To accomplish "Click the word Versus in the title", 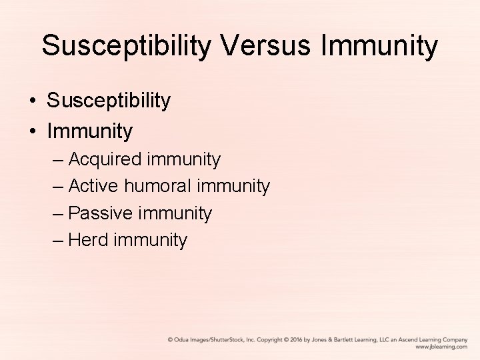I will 261,46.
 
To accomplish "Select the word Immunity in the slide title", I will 380,46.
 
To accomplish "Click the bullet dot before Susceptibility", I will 32,101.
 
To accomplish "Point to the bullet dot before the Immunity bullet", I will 32,131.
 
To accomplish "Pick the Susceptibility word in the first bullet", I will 109,101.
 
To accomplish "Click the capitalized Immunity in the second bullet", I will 90,131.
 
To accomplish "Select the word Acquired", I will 105,159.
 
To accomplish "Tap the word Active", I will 94,186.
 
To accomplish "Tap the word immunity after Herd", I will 151,240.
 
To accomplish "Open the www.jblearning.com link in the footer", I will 441,347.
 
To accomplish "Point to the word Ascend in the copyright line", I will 402,339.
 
